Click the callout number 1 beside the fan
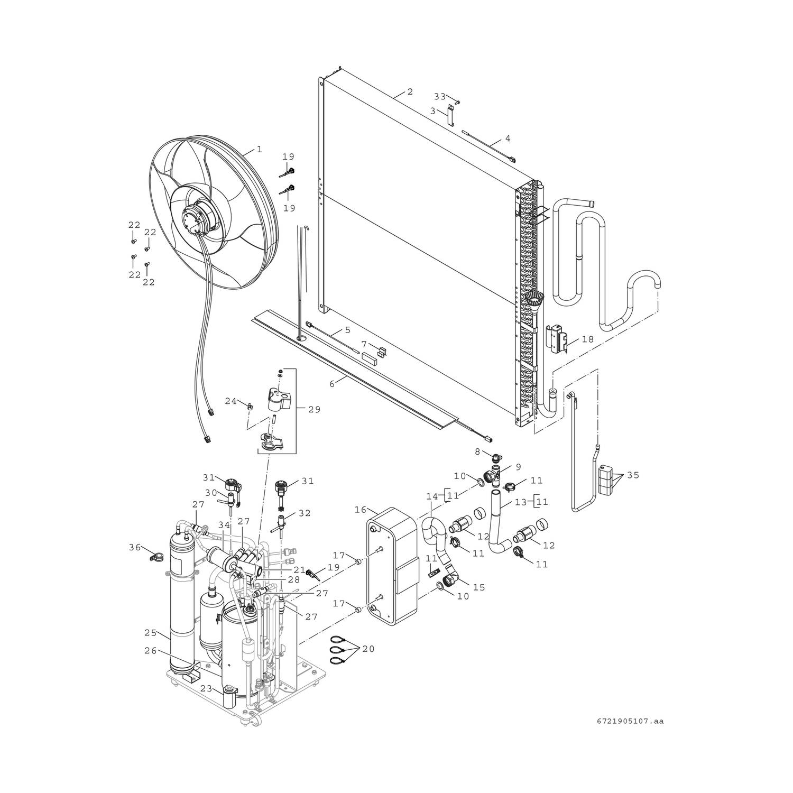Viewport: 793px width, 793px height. [260, 150]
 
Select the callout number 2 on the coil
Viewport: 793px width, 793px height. [410, 91]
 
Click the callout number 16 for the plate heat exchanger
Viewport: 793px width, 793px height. [361, 510]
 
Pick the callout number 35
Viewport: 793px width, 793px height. [633, 475]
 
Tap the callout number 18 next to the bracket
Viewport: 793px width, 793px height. [587, 339]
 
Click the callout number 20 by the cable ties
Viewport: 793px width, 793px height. [368, 649]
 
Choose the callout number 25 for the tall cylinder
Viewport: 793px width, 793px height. [151, 632]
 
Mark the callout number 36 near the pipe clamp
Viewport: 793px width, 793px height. [136, 548]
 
